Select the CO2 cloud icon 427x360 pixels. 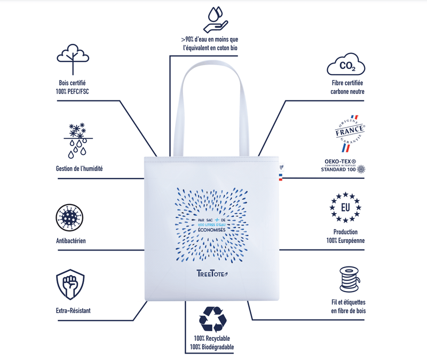click(x=346, y=67)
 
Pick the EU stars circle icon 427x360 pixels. click(x=345, y=207)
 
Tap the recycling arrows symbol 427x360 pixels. click(x=212, y=319)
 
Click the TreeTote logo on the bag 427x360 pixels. click(x=212, y=274)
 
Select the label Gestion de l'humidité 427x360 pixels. click(x=80, y=169)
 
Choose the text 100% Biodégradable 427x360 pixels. click(x=212, y=348)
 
